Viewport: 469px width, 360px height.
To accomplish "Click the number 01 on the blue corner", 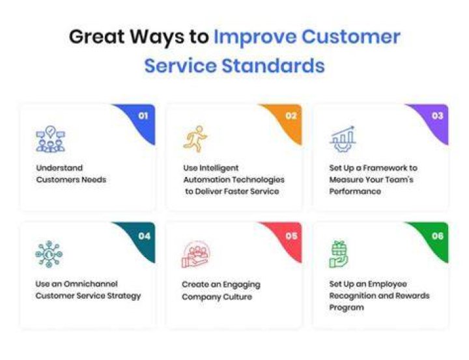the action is pyautogui.click(x=143, y=116).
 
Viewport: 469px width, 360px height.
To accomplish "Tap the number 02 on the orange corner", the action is pyautogui.click(x=291, y=116).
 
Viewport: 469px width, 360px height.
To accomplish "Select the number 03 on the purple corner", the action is pyautogui.click(x=438, y=116).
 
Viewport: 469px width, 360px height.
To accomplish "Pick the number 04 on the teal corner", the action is pyautogui.click(x=144, y=236).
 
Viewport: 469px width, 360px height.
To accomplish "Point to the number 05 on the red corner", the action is pyautogui.click(x=291, y=236).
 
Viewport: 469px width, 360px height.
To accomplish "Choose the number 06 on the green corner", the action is pyautogui.click(x=438, y=236).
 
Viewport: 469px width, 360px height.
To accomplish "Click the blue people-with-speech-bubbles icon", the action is pyautogui.click(x=51, y=139).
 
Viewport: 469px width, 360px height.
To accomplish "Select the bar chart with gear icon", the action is pyautogui.click(x=343, y=139).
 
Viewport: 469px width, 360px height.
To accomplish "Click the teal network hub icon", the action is pyautogui.click(x=49, y=254).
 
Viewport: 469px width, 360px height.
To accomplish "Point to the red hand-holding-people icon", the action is pyautogui.click(x=196, y=255).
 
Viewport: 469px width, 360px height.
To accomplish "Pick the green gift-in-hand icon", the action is pyautogui.click(x=339, y=255).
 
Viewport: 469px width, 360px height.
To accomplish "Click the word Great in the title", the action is pyautogui.click(x=97, y=37).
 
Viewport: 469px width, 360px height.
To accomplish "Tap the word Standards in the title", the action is pyautogui.click(x=273, y=66).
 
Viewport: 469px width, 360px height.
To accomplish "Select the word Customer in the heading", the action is pyautogui.click(x=351, y=37).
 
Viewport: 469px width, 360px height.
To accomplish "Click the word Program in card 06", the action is pyautogui.click(x=347, y=308).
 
